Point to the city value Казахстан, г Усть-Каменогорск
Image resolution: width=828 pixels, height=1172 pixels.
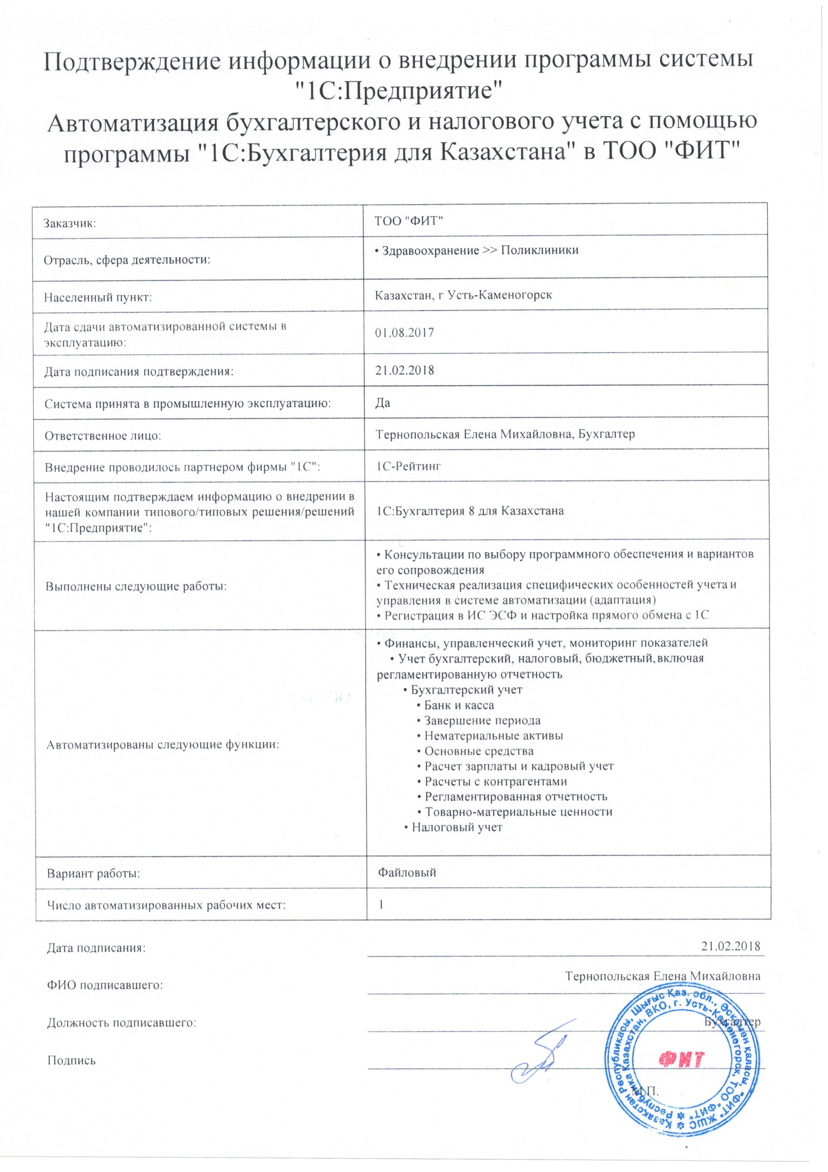[463, 295]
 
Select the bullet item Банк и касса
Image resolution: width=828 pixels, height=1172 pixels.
[459, 706]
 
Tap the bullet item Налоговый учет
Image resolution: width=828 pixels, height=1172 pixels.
[457, 827]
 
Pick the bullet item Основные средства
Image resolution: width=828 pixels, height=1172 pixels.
[478, 751]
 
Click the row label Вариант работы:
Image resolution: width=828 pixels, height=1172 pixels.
[93, 873]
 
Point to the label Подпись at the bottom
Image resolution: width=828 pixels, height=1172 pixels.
[71, 1061]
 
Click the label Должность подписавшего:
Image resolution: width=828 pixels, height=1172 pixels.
[122, 1022]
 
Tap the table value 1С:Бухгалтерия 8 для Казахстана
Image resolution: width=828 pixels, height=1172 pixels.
[469, 511]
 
